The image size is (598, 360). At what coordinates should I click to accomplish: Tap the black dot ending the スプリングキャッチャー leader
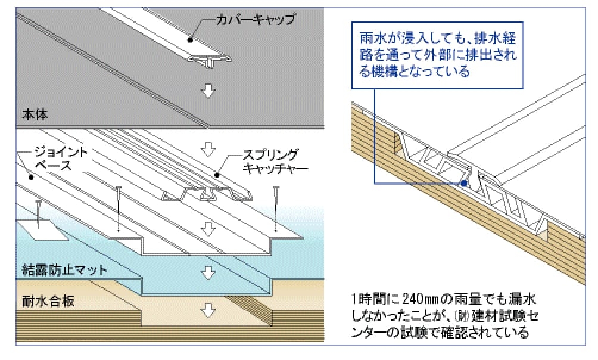(x=217, y=176)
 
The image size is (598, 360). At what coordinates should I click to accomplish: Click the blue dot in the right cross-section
(x=463, y=184)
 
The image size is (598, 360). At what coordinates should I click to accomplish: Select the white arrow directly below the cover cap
(x=207, y=90)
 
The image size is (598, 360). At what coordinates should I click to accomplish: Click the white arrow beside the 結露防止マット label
(x=207, y=273)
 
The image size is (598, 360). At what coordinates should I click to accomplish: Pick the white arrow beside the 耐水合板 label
(x=207, y=311)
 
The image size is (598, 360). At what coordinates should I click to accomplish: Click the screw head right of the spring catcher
(x=276, y=190)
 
